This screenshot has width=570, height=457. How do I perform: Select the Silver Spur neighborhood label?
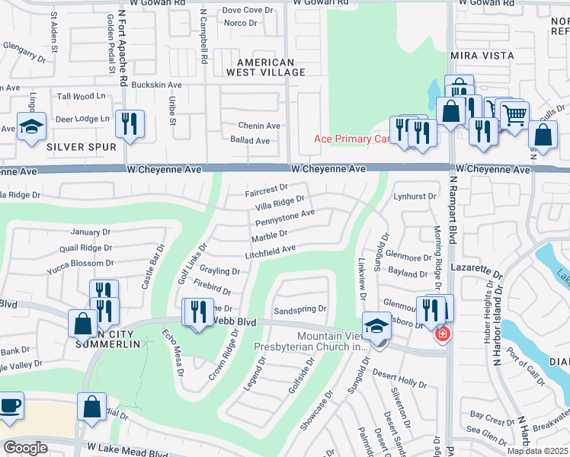(x=81, y=147)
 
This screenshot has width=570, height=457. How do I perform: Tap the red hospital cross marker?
(x=441, y=334)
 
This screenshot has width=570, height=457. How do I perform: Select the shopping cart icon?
(x=514, y=115)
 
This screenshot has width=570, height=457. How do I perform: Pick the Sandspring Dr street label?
(x=300, y=310)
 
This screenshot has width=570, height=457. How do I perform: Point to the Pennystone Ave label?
(x=284, y=218)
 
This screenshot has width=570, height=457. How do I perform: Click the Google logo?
(x=25, y=448)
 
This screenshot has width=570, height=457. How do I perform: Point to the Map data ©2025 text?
(x=537, y=451)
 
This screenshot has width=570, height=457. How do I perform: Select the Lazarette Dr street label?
(x=478, y=271)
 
